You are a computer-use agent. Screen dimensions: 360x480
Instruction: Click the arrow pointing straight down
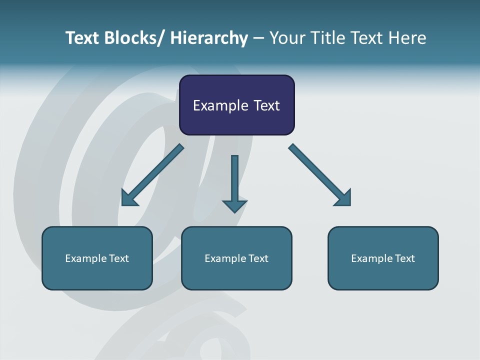(234, 180)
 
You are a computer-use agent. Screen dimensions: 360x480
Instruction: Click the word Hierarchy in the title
(209, 38)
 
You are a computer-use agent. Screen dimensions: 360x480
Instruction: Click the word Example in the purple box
(220, 105)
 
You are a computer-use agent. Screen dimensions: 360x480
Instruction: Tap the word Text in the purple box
(266, 105)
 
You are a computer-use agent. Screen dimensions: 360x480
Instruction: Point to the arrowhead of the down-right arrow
(343, 198)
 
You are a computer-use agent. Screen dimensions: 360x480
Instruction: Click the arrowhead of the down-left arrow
(129, 198)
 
